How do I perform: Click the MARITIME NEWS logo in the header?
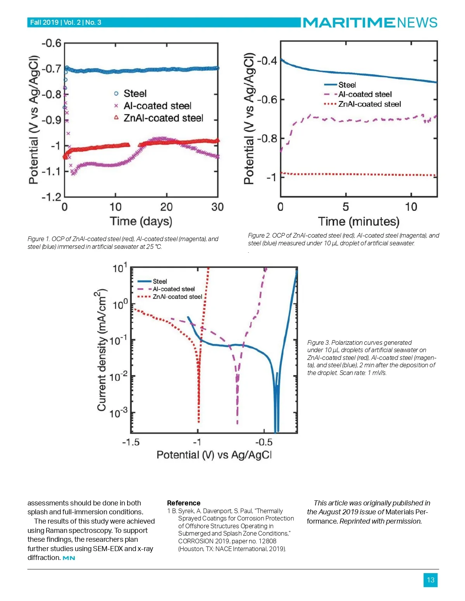tap(370, 22)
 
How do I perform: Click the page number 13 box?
tap(431, 580)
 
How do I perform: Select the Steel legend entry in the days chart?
tap(134, 94)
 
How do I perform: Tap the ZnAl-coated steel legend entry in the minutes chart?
tap(369, 104)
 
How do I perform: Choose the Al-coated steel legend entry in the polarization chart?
tap(173, 289)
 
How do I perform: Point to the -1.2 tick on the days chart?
tap(52, 197)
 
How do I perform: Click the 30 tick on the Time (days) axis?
tap(217, 207)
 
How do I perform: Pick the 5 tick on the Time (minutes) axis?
tap(346, 207)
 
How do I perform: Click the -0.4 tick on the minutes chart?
tap(267, 61)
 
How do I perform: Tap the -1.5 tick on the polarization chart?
tap(131, 442)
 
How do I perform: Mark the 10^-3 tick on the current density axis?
tap(118, 413)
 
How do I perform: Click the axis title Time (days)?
tap(141, 221)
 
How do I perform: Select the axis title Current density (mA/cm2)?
tap(101, 350)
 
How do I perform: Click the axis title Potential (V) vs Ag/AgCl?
tap(214, 455)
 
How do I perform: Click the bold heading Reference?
tap(184, 503)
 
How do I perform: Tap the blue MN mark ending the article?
tap(69, 558)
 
